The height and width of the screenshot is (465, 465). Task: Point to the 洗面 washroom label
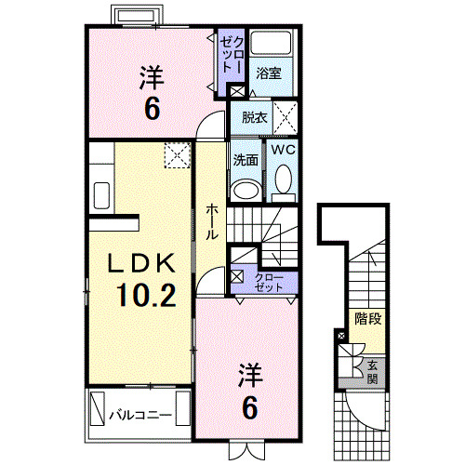pyautogui.click(x=245, y=158)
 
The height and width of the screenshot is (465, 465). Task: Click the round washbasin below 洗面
pyautogui.click(x=245, y=190)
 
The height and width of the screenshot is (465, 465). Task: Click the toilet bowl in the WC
pyautogui.click(x=282, y=181)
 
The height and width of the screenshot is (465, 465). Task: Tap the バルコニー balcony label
pyautogui.click(x=140, y=412)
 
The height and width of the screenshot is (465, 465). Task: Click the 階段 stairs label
pyautogui.click(x=368, y=320)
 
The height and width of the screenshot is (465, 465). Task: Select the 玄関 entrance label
pyautogui.click(x=372, y=371)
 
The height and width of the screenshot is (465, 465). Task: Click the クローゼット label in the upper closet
pyautogui.click(x=231, y=55)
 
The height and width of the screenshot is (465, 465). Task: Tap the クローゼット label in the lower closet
pyautogui.click(x=270, y=282)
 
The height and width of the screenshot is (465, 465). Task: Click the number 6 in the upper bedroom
pyautogui.click(x=151, y=108)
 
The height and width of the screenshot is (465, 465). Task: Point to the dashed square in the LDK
pyautogui.click(x=177, y=156)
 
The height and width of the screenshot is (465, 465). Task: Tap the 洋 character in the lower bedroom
pyautogui.click(x=250, y=376)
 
